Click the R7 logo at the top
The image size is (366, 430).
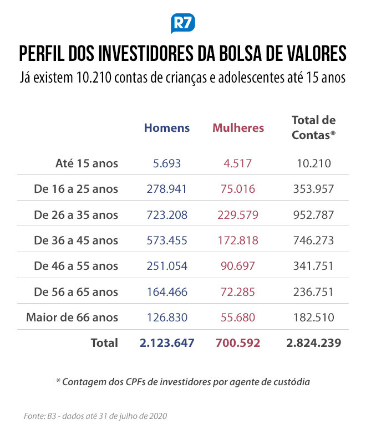[x=183, y=23]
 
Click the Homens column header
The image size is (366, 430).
[x=167, y=128]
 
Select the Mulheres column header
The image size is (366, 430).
[x=238, y=128]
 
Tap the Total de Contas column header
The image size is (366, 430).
[x=314, y=127]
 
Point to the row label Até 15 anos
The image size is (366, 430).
[x=87, y=163]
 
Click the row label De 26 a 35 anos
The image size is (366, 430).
[x=76, y=215]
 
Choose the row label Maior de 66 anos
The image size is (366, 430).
[x=72, y=318]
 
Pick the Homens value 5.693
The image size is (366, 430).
[x=167, y=163]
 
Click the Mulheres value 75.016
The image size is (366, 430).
[x=238, y=189]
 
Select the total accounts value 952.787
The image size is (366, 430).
[x=314, y=215]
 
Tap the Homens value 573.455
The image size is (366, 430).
[x=167, y=240]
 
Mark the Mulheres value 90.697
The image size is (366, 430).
[x=238, y=266]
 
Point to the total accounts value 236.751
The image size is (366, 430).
[x=313, y=292]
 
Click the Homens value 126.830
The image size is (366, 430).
[x=167, y=318]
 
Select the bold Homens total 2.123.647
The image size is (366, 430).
[x=167, y=343]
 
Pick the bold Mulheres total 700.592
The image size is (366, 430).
[x=238, y=343]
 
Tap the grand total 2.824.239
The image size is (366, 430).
[x=314, y=343]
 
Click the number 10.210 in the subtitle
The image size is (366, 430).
[x=94, y=78]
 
